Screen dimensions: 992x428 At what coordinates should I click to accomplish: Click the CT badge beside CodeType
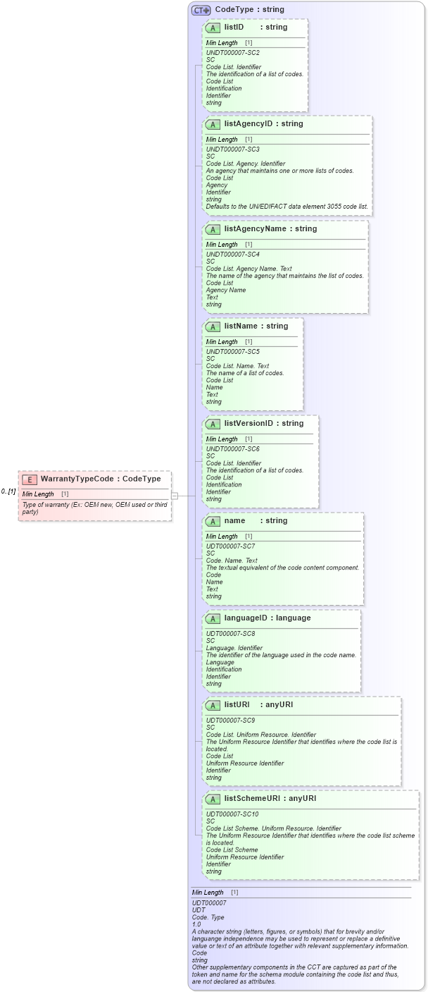coord(201,10)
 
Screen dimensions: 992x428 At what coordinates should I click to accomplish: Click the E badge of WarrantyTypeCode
coord(30,479)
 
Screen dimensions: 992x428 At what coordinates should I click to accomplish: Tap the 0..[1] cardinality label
coord(8,491)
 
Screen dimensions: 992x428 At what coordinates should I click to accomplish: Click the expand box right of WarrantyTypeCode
coord(175,496)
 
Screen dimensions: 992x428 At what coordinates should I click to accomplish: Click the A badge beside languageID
coord(213,618)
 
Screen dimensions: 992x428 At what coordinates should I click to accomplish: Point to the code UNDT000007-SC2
coord(232,53)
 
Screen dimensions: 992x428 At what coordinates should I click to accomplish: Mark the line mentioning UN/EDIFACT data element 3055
coord(287,207)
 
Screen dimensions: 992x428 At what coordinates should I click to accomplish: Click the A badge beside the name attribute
coord(213,521)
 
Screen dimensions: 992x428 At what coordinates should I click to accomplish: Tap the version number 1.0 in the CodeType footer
coord(196,924)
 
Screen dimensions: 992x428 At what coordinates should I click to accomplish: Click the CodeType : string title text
coord(249,10)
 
